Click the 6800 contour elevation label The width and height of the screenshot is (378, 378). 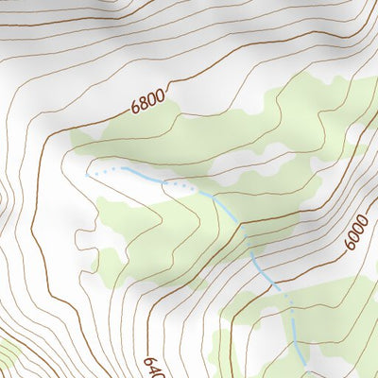[148, 99]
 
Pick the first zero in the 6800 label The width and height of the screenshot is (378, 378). [152, 97]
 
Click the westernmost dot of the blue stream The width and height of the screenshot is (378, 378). [88, 175]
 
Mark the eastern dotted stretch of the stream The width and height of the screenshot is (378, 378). [181, 185]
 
